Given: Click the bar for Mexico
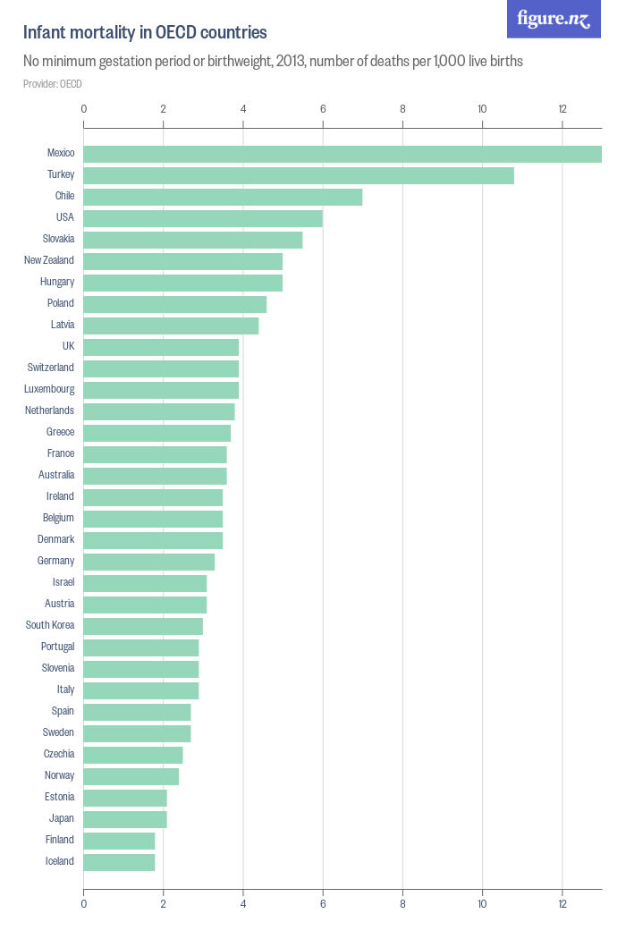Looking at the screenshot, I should click(343, 154).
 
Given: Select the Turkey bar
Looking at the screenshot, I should click(299, 175).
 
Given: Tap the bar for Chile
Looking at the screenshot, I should click(223, 197).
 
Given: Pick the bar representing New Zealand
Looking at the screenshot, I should click(183, 261).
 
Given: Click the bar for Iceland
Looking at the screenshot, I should click(119, 862).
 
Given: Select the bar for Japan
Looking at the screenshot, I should click(125, 819).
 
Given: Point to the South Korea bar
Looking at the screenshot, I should click(143, 626).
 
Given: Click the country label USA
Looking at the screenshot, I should click(64, 217).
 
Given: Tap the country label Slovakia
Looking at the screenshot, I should click(58, 239).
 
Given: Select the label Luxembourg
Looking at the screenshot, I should click(49, 389).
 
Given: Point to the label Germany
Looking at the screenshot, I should click(55, 561).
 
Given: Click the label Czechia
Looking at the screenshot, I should click(59, 754).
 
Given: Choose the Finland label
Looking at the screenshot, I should click(60, 840).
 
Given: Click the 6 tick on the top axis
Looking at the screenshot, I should click(323, 109).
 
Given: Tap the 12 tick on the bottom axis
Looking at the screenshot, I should click(563, 904).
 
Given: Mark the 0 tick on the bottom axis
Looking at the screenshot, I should click(84, 904).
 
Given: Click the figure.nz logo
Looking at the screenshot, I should click(554, 19).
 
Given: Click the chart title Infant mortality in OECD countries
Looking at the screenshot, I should click(145, 33).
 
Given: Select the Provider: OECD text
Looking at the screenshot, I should click(53, 84).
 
